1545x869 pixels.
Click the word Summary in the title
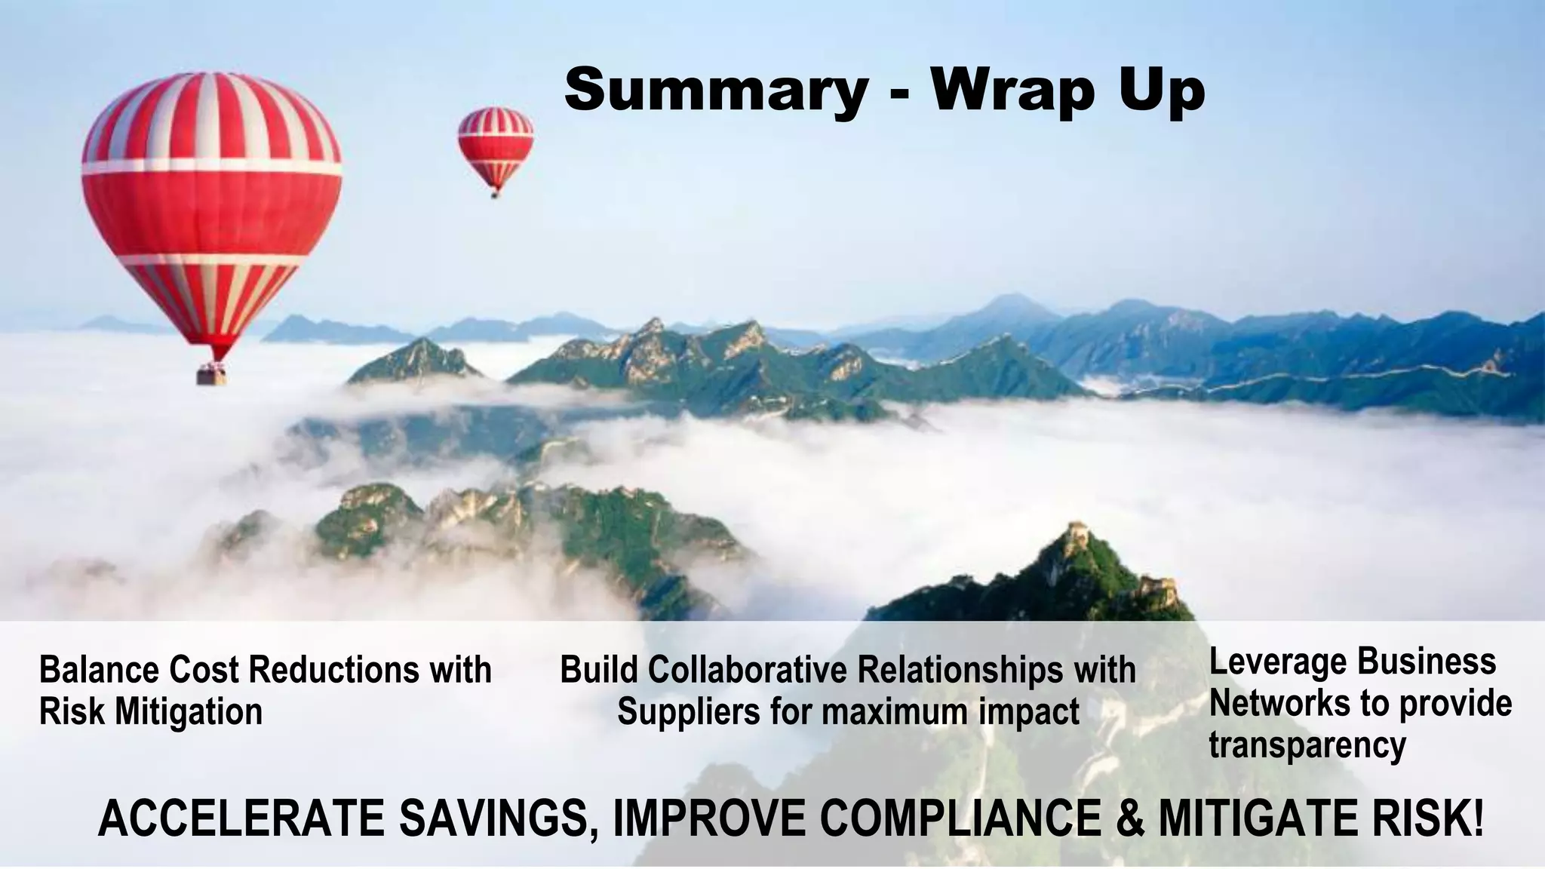(x=716, y=91)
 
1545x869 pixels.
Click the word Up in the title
(x=1161, y=91)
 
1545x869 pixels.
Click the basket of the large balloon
(x=212, y=374)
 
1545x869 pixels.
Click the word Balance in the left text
(x=97, y=669)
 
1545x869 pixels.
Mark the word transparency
(x=1307, y=745)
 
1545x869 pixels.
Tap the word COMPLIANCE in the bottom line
(x=961, y=818)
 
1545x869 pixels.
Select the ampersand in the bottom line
(x=1129, y=818)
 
